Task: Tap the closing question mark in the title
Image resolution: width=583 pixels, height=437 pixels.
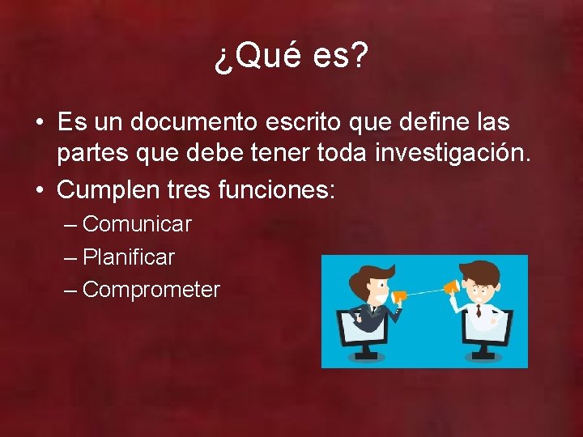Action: pyautogui.click(x=358, y=57)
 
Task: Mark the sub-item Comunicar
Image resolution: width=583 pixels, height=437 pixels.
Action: pyautogui.click(x=137, y=224)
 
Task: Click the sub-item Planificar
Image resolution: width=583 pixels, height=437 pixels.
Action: pyautogui.click(x=129, y=257)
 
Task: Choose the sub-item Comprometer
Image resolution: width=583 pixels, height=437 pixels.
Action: pyautogui.click(x=151, y=290)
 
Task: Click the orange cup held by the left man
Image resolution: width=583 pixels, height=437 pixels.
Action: pyautogui.click(x=398, y=297)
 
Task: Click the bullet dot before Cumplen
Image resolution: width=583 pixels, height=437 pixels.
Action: pyautogui.click(x=40, y=191)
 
